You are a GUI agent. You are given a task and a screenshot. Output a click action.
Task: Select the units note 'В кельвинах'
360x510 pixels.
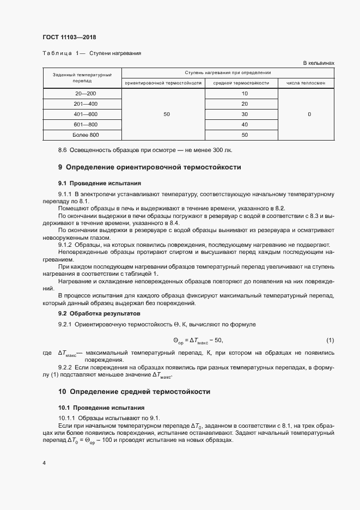click(x=318, y=63)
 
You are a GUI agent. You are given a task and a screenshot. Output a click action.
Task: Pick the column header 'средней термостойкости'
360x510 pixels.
click(x=241, y=83)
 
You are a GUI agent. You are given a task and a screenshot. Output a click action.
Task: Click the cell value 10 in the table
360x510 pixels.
click(x=244, y=94)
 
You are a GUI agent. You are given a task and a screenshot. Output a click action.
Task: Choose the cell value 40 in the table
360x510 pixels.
click(x=244, y=125)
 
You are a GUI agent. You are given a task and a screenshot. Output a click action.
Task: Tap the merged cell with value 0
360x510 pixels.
click(x=309, y=114)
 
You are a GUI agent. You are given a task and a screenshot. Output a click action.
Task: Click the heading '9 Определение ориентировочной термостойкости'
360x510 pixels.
click(x=149, y=167)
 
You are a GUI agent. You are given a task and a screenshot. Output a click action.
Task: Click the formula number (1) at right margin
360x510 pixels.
click(x=330, y=341)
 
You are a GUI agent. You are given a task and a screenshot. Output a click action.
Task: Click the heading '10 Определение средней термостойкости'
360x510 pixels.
click(x=134, y=391)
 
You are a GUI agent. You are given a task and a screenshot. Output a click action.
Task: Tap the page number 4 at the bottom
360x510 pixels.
click(x=44, y=463)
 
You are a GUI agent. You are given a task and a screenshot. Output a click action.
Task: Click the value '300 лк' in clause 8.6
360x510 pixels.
click(x=226, y=150)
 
